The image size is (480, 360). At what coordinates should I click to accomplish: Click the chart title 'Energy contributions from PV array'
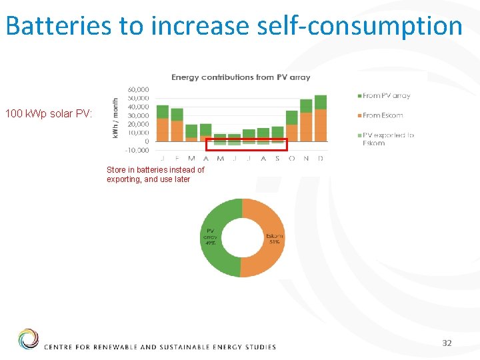(241, 77)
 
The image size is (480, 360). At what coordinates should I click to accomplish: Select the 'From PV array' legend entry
(386, 96)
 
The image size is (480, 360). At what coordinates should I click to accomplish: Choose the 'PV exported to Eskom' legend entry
(387, 139)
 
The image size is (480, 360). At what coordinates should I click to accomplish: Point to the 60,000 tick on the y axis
(139, 89)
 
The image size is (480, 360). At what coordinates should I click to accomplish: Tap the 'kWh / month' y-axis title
(116, 119)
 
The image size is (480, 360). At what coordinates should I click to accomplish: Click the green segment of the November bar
(306, 106)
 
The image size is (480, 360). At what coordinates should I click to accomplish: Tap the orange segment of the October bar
(291, 133)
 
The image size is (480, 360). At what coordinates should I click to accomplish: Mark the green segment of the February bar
(177, 114)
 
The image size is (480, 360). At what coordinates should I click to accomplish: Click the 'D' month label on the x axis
(321, 159)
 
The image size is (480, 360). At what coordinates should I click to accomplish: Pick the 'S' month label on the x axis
(277, 159)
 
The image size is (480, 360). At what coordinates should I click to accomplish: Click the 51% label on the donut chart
(274, 242)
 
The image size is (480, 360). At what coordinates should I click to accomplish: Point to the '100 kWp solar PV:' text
(49, 114)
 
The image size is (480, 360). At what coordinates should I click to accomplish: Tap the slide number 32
(447, 343)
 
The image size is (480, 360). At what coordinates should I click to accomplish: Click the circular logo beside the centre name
(29, 339)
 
